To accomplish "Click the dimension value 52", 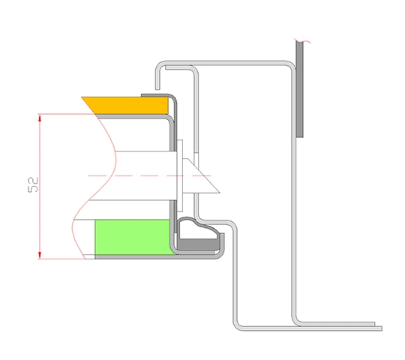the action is [33, 184].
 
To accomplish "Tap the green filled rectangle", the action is [132, 237].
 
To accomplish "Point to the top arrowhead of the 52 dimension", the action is [40, 118].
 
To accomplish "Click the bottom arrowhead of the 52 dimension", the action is [40, 254].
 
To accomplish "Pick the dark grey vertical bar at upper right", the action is [299, 89].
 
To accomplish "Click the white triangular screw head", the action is [201, 175].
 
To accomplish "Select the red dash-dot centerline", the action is [150, 175].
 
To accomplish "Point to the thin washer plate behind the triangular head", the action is [180, 175].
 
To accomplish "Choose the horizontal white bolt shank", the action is [146, 175].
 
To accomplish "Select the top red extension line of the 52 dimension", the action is [66, 114].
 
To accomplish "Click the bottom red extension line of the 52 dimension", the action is [61, 259].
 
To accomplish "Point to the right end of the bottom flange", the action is [381, 328].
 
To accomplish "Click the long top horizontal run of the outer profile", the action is [226, 62].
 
